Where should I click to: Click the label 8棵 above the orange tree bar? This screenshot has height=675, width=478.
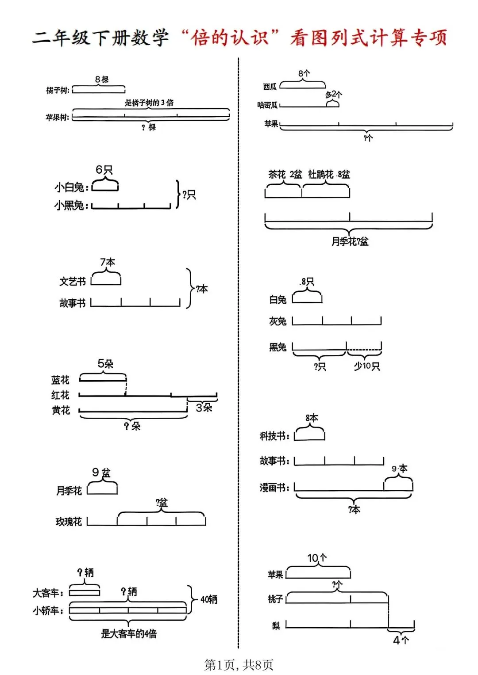[102, 80]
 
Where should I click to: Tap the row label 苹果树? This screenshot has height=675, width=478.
[57, 118]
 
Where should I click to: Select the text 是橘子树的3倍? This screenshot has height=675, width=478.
[149, 103]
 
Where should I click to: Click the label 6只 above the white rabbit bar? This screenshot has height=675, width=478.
[104, 170]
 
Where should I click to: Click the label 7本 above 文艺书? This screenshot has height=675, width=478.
[107, 262]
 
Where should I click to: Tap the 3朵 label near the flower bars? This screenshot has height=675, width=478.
[204, 408]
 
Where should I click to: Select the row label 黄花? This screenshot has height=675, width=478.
[61, 410]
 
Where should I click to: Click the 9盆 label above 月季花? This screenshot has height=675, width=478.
[101, 473]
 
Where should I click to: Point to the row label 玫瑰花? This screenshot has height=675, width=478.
[69, 522]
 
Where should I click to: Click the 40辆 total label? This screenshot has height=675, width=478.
[209, 599]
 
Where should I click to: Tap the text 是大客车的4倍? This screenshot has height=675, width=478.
[129, 633]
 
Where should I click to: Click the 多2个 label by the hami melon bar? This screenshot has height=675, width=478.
[334, 94]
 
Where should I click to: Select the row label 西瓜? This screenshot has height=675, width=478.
[270, 87]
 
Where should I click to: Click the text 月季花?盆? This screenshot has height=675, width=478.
[350, 241]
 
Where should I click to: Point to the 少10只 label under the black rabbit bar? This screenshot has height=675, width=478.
[366, 366]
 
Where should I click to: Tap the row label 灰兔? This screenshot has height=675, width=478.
[278, 321]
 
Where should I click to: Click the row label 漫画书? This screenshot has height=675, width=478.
[274, 488]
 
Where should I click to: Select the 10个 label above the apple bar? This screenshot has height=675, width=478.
[317, 558]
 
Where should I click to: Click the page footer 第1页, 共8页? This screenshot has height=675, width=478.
[239, 664]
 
